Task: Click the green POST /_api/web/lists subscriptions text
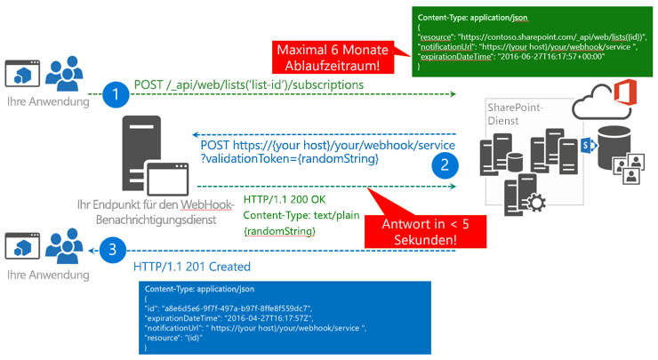(248, 84)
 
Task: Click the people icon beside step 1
(65, 74)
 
